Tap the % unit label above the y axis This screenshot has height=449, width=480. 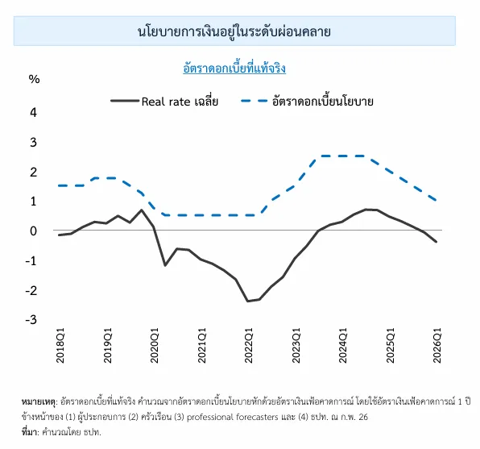point(34,79)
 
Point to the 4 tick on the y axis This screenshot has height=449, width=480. point(34,112)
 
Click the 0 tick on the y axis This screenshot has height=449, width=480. point(34,231)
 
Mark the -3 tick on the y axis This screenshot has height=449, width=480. point(32,320)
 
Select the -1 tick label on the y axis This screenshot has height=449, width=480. point(32,260)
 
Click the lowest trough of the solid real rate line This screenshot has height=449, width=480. point(247,301)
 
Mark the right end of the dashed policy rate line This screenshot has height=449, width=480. point(437,201)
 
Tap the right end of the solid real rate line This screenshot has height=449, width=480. point(437,242)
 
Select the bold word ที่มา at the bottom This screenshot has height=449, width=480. point(28,431)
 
